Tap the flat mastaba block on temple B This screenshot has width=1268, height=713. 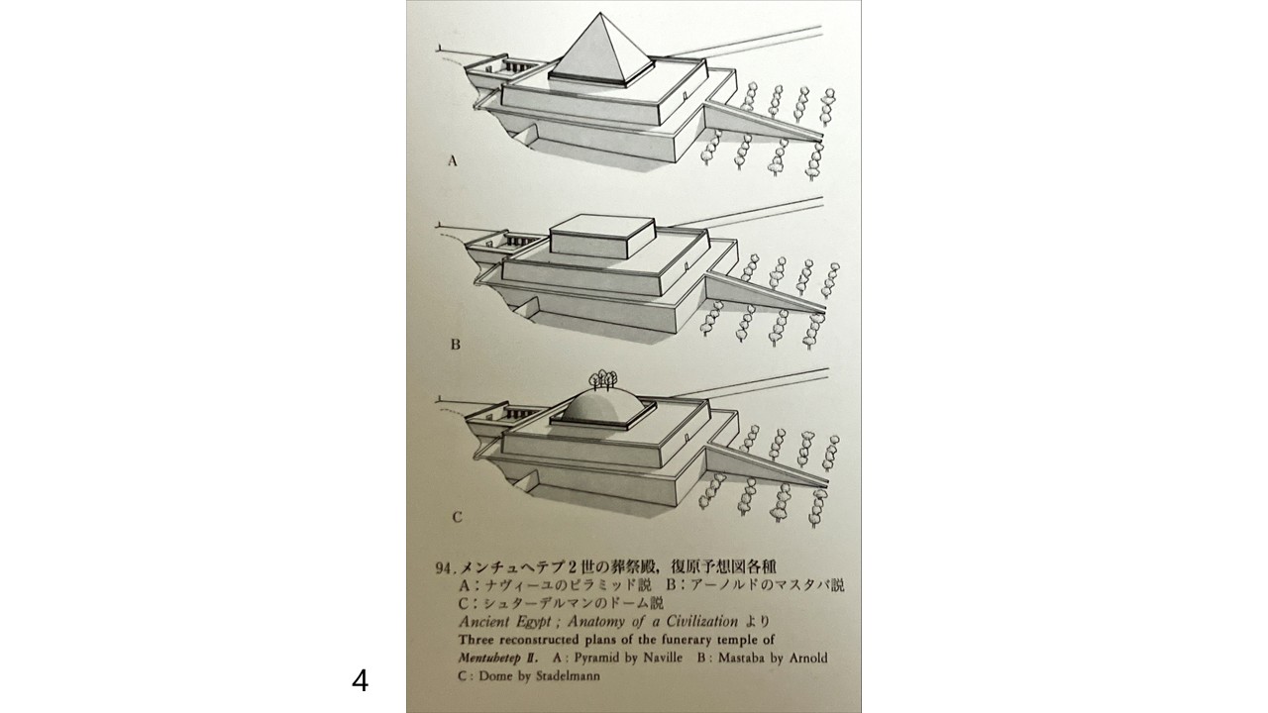(x=603, y=238)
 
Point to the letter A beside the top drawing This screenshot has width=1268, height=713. (x=453, y=161)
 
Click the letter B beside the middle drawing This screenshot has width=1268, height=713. (x=455, y=345)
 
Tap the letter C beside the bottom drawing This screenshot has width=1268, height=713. (x=458, y=517)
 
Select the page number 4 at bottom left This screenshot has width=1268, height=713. (x=360, y=680)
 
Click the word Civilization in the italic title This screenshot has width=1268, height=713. (x=702, y=621)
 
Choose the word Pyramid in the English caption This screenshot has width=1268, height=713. (x=596, y=659)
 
